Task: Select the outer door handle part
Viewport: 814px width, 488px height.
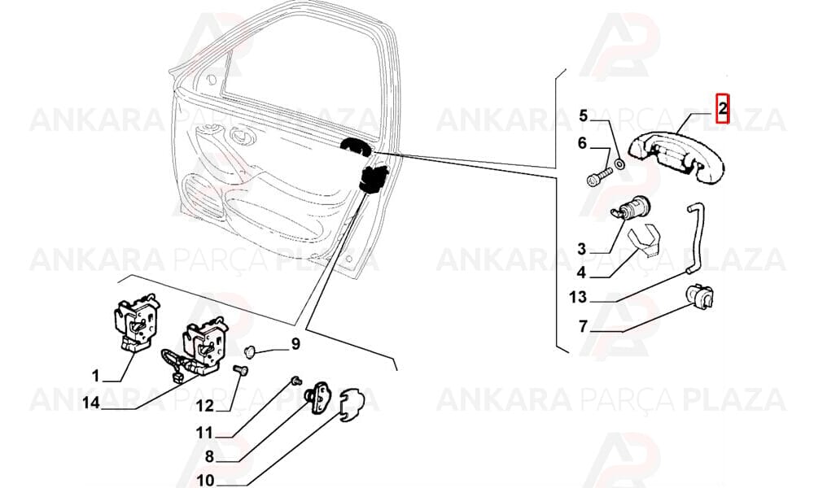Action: pos(676,157)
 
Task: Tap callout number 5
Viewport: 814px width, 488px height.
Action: pos(583,115)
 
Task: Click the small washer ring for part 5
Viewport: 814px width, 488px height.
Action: pos(619,165)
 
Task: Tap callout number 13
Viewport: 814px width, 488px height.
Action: pos(577,297)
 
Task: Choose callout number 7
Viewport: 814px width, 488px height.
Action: pos(583,326)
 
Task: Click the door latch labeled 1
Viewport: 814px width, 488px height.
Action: pos(135,324)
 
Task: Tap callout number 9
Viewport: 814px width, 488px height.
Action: pos(295,343)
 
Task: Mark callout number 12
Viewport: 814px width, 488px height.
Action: pos(205,406)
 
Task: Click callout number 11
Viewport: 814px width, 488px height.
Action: pos(204,431)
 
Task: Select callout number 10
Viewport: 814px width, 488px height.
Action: pos(206,480)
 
